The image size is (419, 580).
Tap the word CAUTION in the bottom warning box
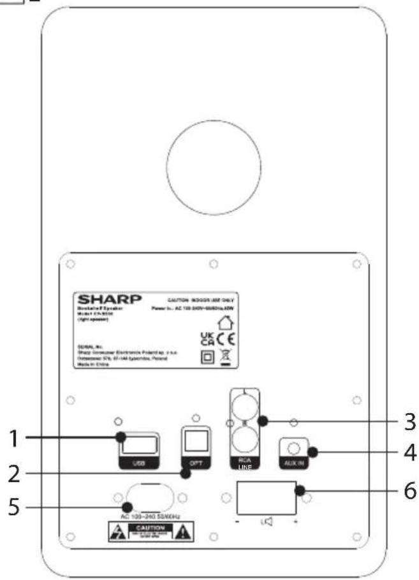click(151, 528)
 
